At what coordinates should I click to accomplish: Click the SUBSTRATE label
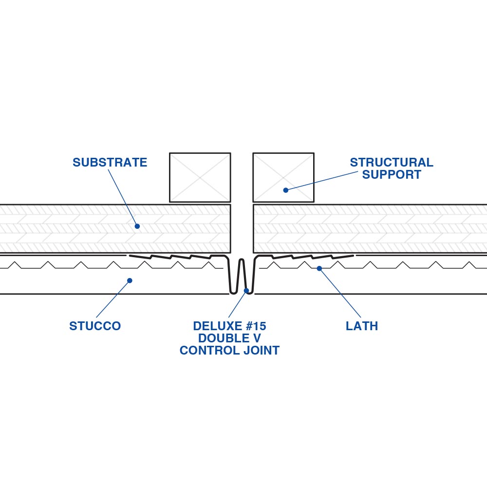pos(110,163)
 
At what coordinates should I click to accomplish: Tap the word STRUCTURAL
pos(391,163)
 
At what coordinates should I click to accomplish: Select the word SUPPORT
pos(391,175)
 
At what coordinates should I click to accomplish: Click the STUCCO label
pos(95,326)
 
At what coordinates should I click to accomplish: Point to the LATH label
pos(361,326)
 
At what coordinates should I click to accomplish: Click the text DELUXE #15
pos(229,326)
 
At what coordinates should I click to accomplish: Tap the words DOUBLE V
pos(229,338)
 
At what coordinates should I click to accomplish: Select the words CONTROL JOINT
pos(229,350)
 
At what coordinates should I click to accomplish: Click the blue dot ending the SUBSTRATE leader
pos(137,226)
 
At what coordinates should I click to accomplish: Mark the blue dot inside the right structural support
pos(286,190)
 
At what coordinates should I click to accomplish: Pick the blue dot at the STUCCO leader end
pos(130,280)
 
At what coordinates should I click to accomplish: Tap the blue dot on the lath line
pos(319,268)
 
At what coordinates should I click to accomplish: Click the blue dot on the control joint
pos(246,291)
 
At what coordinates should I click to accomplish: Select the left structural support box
pos(200,177)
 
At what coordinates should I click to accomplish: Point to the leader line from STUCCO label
pos(113,299)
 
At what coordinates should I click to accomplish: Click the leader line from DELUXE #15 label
pos(237,304)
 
